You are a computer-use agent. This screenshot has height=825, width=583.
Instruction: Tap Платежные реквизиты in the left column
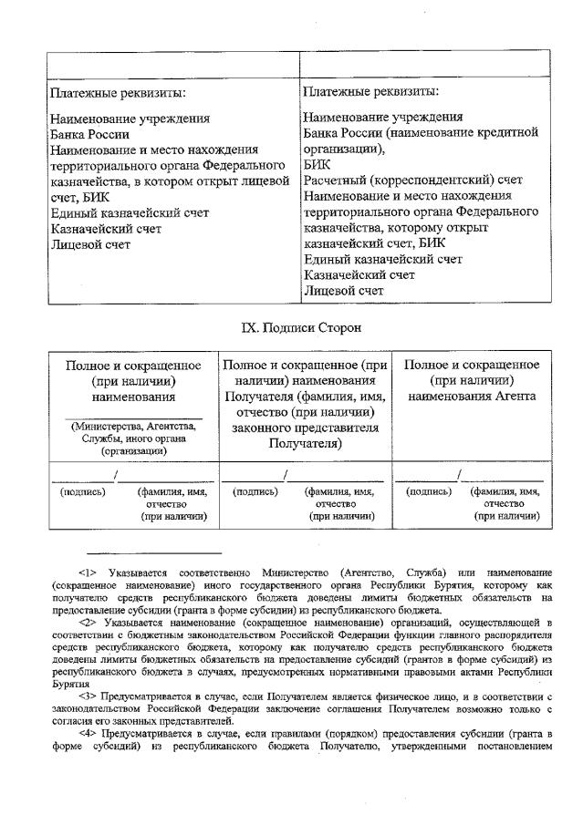click(119, 93)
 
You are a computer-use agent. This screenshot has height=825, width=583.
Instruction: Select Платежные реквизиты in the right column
click(370, 91)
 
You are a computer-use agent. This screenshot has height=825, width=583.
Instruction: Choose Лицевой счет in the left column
click(90, 245)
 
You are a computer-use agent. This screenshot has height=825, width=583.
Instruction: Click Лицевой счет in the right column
click(344, 291)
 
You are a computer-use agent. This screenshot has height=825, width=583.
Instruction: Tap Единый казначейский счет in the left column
click(130, 213)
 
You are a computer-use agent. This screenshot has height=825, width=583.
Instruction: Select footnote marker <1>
click(90, 572)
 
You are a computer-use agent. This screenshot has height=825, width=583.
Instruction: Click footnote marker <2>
click(90, 622)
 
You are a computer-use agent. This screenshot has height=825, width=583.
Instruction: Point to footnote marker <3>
click(90, 696)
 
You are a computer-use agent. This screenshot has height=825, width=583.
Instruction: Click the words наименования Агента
click(471, 397)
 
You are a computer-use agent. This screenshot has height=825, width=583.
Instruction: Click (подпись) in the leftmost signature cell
click(82, 491)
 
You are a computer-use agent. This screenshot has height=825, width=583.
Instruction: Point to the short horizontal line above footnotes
click(154, 552)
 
